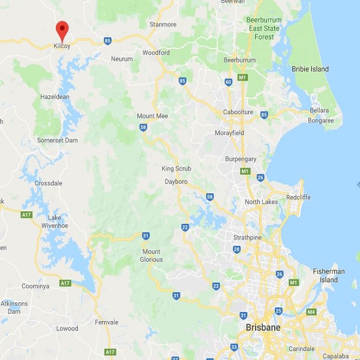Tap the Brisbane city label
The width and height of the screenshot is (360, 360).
pyautogui.click(x=262, y=328)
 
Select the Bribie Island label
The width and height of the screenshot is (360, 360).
pyautogui.click(x=310, y=69)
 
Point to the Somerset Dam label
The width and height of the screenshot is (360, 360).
pyautogui.click(x=57, y=140)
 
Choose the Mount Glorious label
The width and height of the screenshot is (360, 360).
pyautogui.click(x=151, y=256)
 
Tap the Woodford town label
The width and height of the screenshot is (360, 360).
pyautogui.click(x=155, y=53)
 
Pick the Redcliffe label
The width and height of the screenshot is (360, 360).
pyautogui.click(x=298, y=197)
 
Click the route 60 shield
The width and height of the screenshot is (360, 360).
pyautogui.click(x=228, y=82)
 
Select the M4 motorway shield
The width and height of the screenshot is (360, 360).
pyautogui.click(x=311, y=312)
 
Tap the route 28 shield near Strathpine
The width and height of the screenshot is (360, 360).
pyautogui.click(x=236, y=249)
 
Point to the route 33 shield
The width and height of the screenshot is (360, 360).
pyautogui.click(x=234, y=347)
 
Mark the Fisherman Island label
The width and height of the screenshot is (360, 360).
pyautogui.click(x=329, y=275)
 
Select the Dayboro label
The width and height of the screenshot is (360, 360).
pyautogui.click(x=177, y=181)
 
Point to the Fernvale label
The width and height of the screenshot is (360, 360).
pyautogui.click(x=107, y=322)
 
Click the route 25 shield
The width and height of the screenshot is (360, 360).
pyautogui.click(x=278, y=311)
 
